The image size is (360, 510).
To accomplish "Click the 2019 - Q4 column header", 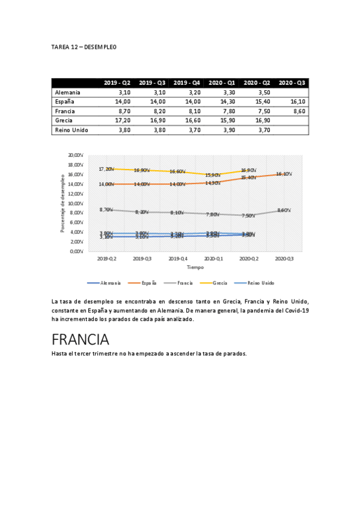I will pyautogui.click(x=188, y=82).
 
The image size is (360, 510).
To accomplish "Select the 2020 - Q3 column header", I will pyautogui.click(x=292, y=82).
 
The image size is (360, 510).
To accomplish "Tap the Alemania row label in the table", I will pyautogui.click(x=67, y=93).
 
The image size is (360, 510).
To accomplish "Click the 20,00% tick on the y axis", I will pyautogui.click(x=75, y=155).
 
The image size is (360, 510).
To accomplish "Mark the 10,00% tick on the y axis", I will pyautogui.click(x=75, y=203).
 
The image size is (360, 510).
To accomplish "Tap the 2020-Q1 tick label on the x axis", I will pyautogui.click(x=212, y=258).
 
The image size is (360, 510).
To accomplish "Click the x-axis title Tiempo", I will pyautogui.click(x=195, y=266).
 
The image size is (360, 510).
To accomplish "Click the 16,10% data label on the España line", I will pyautogui.click(x=284, y=174).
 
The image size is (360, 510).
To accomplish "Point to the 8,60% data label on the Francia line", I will pyautogui.click(x=284, y=210).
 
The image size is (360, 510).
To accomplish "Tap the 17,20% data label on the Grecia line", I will pyautogui.click(x=107, y=169).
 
